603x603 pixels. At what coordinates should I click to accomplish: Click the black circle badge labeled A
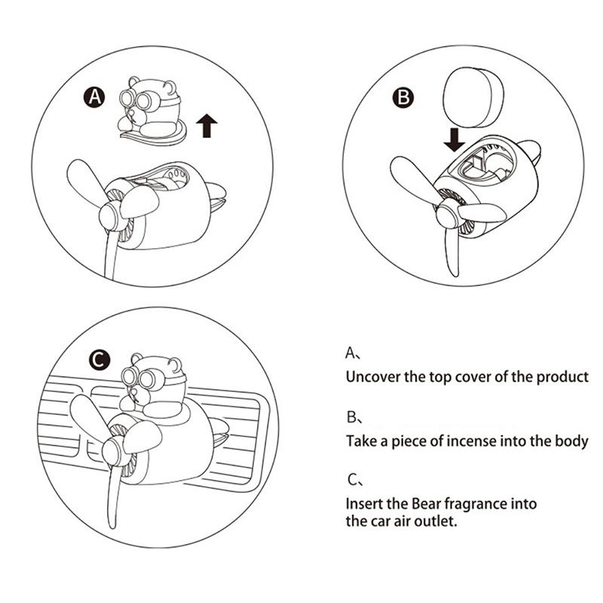click(94, 97)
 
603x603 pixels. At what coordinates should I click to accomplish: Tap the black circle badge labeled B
click(403, 96)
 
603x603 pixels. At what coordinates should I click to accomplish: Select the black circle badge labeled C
click(99, 361)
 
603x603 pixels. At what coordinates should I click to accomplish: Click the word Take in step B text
click(360, 441)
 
